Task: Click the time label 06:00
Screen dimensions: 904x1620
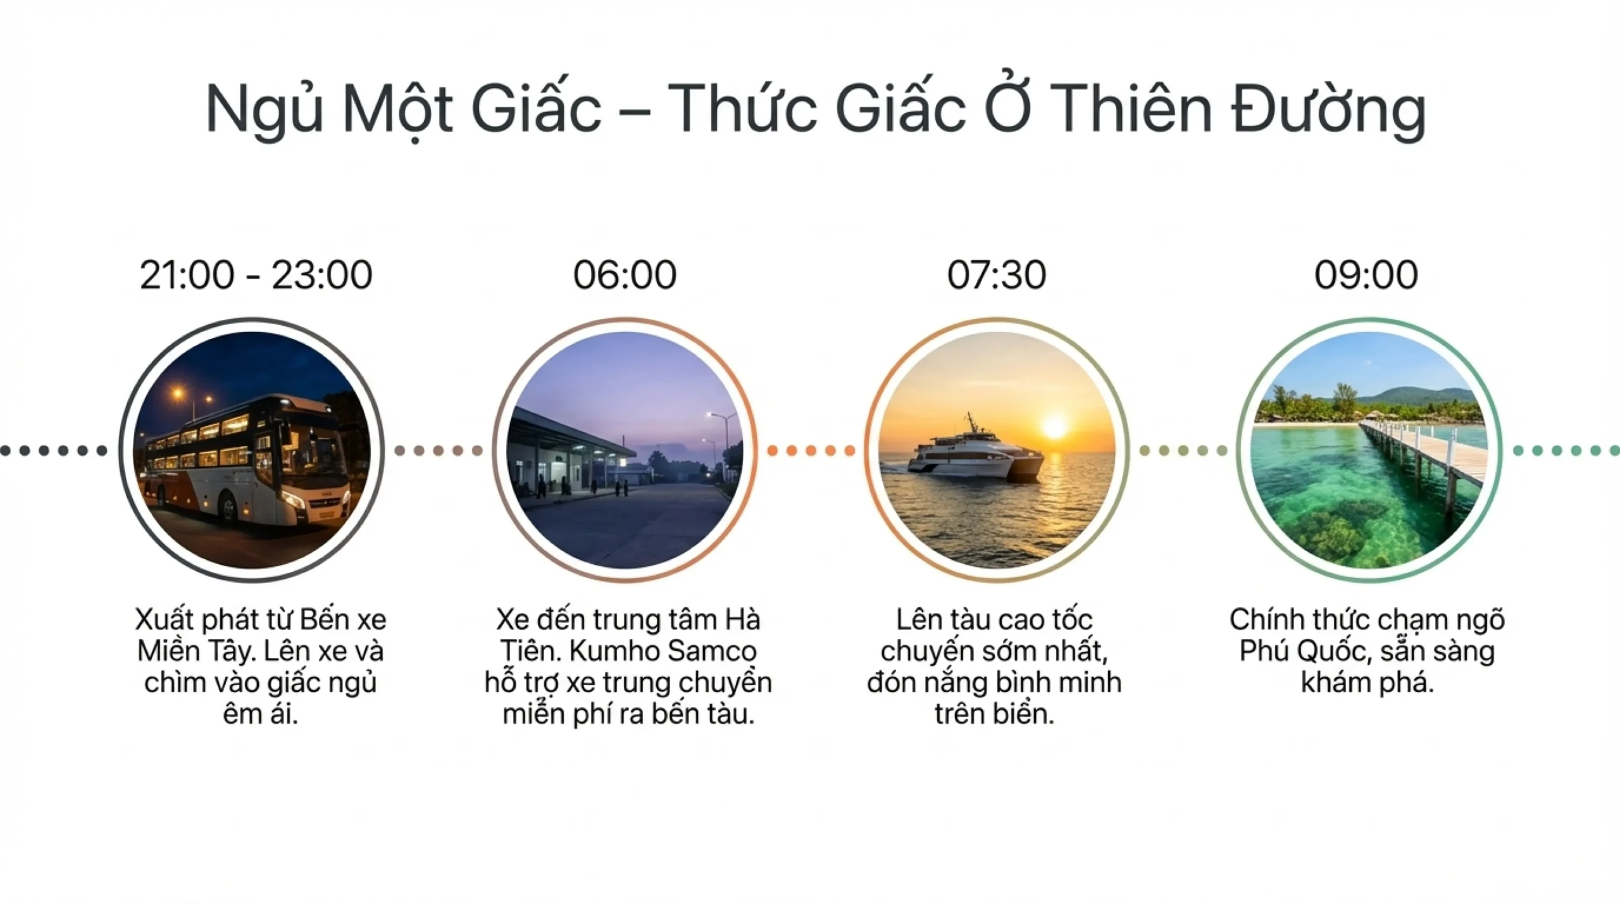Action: click(625, 275)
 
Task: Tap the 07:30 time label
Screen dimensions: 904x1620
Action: click(996, 275)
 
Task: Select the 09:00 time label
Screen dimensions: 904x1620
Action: click(1366, 275)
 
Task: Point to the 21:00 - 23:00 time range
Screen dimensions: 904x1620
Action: click(256, 275)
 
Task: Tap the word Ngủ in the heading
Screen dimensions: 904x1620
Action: click(264, 109)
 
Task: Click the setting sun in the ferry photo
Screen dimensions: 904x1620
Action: click(1054, 427)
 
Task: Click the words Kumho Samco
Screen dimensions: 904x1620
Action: click(663, 651)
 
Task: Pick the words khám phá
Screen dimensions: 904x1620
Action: click(1367, 683)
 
